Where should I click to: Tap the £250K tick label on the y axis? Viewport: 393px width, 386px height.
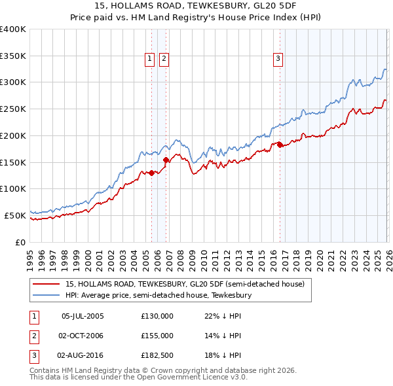pyautogui.click(x=13, y=109)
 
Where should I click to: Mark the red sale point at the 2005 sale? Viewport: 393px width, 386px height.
pyautogui.click(x=151, y=173)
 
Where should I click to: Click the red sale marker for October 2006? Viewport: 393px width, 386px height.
pyautogui.click(x=166, y=160)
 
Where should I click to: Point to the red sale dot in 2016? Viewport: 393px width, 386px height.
pyautogui.click(x=280, y=145)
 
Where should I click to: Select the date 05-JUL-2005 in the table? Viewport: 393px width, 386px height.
pyautogui.click(x=82, y=316)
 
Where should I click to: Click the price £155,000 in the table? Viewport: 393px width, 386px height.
pyautogui.click(x=157, y=336)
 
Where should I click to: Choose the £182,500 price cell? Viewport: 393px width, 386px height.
pyautogui.click(x=157, y=355)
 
